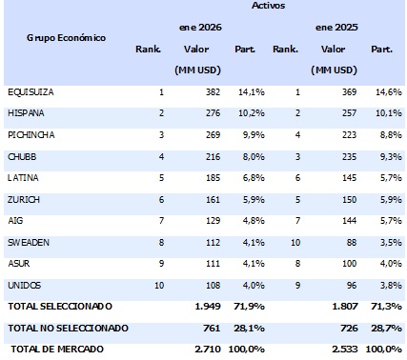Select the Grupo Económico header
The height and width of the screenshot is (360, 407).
pyautogui.click(x=67, y=38)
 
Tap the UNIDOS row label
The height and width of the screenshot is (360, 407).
pyautogui.click(x=24, y=285)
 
